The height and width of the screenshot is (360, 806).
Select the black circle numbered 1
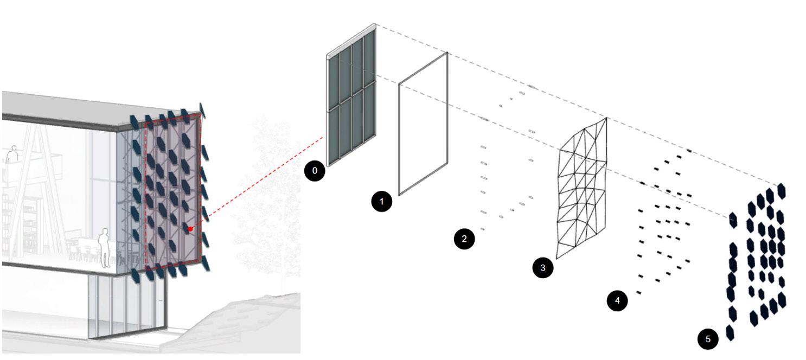[x=381, y=202]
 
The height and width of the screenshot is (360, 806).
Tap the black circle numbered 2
[x=464, y=239]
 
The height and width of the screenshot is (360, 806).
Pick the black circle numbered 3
[x=543, y=267]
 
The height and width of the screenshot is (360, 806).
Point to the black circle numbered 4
[x=617, y=300]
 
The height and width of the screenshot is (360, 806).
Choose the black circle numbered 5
[x=708, y=339]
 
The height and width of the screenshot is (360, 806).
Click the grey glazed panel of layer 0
[x=351, y=103]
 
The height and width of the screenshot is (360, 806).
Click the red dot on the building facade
[x=190, y=229]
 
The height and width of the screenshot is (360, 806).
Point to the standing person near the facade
[x=105, y=247]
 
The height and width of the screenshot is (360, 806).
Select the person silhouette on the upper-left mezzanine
[x=11, y=155]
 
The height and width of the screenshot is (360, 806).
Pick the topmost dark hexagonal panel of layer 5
[x=781, y=191]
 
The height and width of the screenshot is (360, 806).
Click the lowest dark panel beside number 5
[x=730, y=332]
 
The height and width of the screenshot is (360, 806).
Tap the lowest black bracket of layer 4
[x=638, y=293]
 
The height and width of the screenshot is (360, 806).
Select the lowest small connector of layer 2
[x=482, y=230]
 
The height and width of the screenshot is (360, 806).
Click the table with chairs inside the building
[x=81, y=252]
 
